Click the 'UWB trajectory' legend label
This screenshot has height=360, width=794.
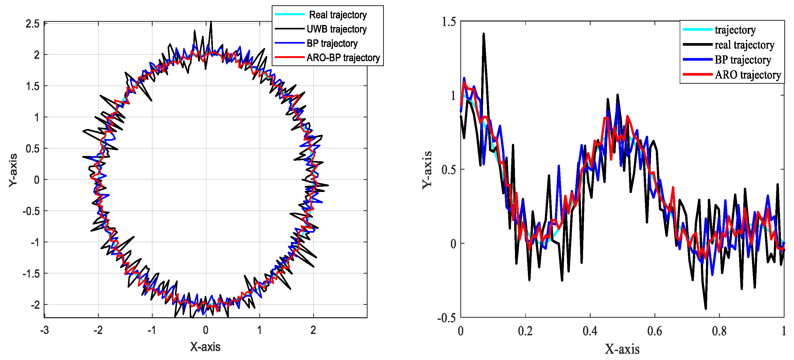pyautogui.click(x=337, y=29)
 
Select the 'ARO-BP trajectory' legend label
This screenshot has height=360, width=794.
pyautogui.click(x=343, y=58)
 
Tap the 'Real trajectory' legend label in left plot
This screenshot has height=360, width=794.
pyautogui.click(x=338, y=15)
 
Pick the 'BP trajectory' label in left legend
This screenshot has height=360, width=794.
pyautogui.click(x=332, y=43)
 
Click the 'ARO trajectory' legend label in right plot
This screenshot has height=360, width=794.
pyautogui.click(x=748, y=75)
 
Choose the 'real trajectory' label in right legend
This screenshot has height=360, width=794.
pyautogui.click(x=744, y=45)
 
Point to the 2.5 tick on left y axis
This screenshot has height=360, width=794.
pyautogui.click(x=33, y=24)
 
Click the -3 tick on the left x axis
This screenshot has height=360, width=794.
pyautogui.click(x=45, y=330)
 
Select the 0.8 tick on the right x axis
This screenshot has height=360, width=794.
pyautogui.click(x=719, y=331)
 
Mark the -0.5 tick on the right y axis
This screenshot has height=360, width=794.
pyautogui.click(x=447, y=318)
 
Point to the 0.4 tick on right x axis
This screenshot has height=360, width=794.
pyautogui.click(x=590, y=331)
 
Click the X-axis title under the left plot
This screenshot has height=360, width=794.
pyautogui.click(x=205, y=347)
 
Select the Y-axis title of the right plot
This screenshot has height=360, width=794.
pyautogui.click(x=427, y=170)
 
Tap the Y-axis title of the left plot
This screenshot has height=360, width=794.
pyautogui.click(x=13, y=170)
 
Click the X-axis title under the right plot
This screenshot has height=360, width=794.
pyautogui.click(x=622, y=349)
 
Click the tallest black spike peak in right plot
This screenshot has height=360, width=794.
pyautogui.click(x=484, y=34)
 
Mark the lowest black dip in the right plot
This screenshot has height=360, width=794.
pyautogui.click(x=705, y=308)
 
